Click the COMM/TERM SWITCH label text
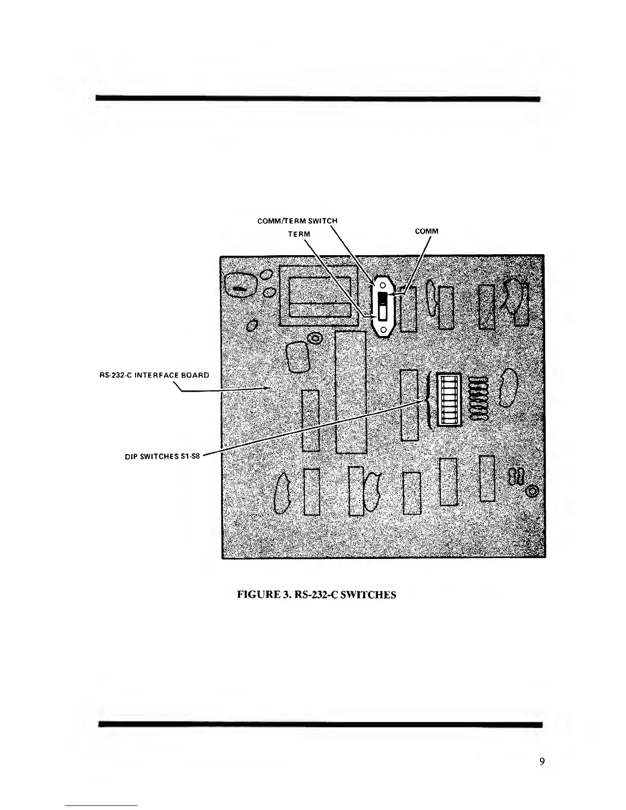(x=297, y=221)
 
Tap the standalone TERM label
(x=299, y=234)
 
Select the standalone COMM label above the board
(x=427, y=231)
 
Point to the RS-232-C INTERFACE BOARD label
(x=154, y=375)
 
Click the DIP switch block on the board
(x=449, y=400)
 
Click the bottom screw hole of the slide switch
(x=383, y=329)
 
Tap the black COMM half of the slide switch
(x=383, y=298)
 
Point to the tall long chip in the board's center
(x=351, y=392)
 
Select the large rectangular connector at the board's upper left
(x=318, y=296)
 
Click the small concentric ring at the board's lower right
(x=532, y=491)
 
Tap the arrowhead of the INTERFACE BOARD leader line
(x=268, y=388)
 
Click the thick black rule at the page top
(x=318, y=98)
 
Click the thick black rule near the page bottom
(x=320, y=724)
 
